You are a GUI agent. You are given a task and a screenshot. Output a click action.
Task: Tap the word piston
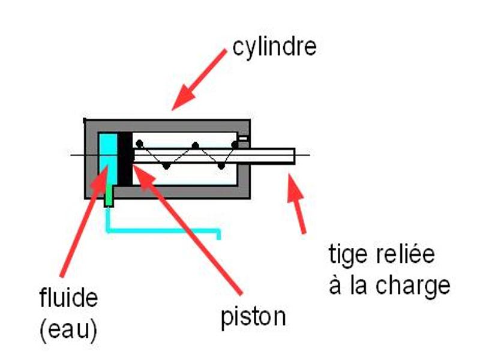click(x=253, y=317)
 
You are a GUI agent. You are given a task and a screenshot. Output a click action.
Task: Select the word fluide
click(x=68, y=297)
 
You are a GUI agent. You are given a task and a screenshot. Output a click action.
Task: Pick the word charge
click(x=413, y=287)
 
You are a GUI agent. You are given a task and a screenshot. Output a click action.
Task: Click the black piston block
click(x=125, y=159)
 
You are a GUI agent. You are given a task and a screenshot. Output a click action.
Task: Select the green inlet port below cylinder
click(x=109, y=196)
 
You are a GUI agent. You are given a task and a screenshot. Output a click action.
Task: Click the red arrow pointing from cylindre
click(x=199, y=80)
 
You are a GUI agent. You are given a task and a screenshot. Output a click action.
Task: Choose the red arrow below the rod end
click(x=296, y=203)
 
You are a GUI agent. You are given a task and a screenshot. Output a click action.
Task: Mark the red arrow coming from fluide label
click(x=84, y=221)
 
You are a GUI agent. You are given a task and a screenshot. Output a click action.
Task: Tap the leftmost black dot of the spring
click(x=139, y=143)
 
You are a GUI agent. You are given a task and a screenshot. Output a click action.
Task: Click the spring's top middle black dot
click(x=195, y=145)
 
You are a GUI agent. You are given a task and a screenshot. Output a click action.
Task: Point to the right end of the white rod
click(x=295, y=156)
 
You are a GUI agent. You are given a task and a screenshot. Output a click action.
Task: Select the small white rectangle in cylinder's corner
click(x=243, y=139)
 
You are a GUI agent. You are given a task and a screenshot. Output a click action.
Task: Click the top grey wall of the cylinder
click(x=167, y=126)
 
